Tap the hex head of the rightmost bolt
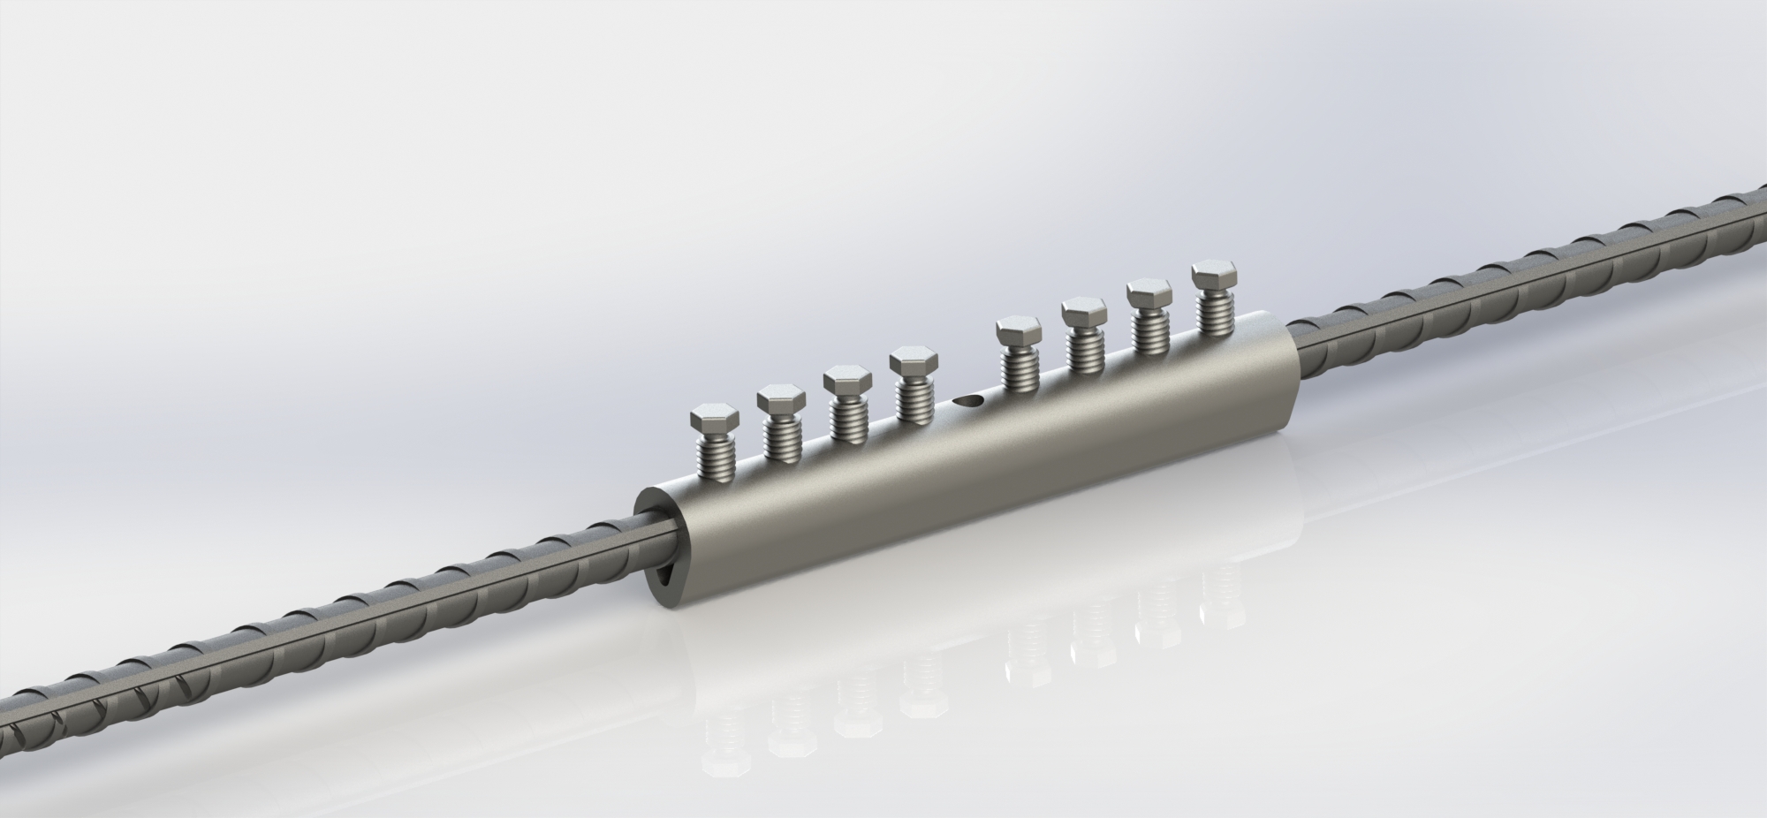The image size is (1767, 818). point(1214,274)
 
